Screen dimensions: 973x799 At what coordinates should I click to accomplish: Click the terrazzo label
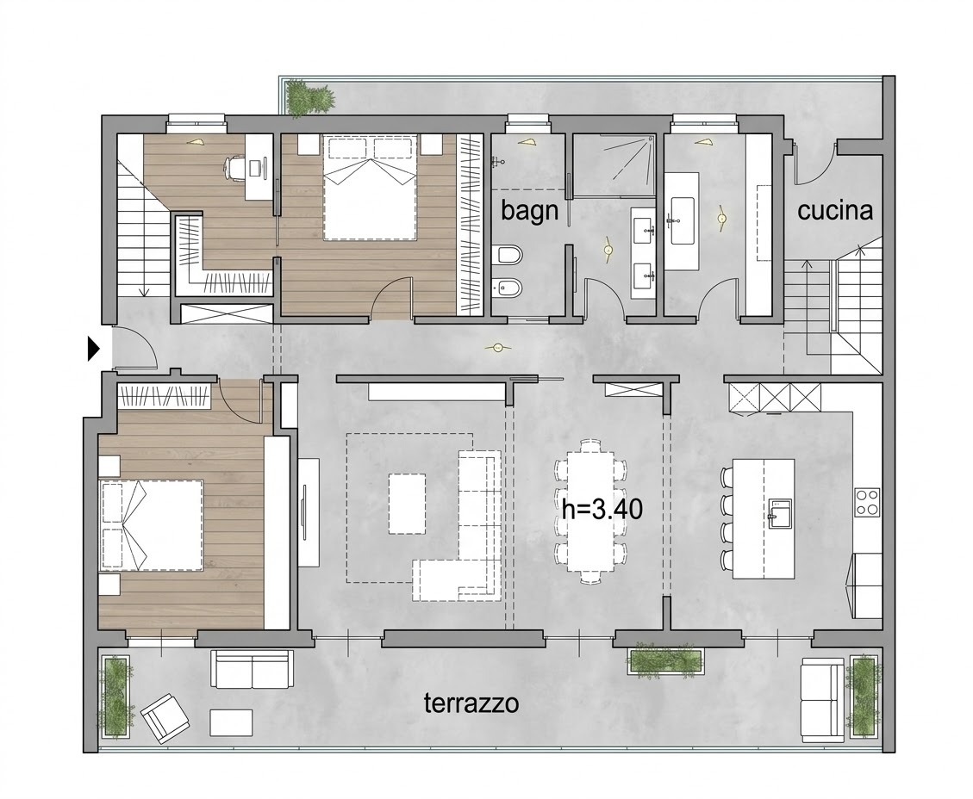pyautogui.click(x=471, y=703)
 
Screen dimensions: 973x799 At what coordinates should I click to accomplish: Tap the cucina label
pyautogui.click(x=834, y=211)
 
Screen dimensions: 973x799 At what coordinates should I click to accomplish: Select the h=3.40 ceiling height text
pyautogui.click(x=602, y=509)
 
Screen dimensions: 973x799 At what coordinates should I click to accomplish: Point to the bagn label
pyautogui.click(x=529, y=211)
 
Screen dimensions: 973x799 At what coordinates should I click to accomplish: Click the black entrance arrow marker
pyautogui.click(x=93, y=349)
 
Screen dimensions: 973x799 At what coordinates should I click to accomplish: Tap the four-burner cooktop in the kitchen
pyautogui.click(x=867, y=502)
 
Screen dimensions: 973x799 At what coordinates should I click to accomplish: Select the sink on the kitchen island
pyautogui.click(x=780, y=513)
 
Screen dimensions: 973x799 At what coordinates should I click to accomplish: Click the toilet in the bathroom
pyautogui.click(x=510, y=255)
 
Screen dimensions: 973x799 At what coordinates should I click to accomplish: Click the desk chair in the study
pyautogui.click(x=234, y=168)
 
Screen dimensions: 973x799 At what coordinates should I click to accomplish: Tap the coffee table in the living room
pyautogui.click(x=407, y=504)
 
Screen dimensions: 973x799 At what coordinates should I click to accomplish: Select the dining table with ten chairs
pyautogui.click(x=590, y=511)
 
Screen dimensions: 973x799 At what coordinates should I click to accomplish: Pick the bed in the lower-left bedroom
pyautogui.click(x=151, y=524)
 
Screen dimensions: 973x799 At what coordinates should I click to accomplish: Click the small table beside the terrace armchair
pyautogui.click(x=232, y=722)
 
